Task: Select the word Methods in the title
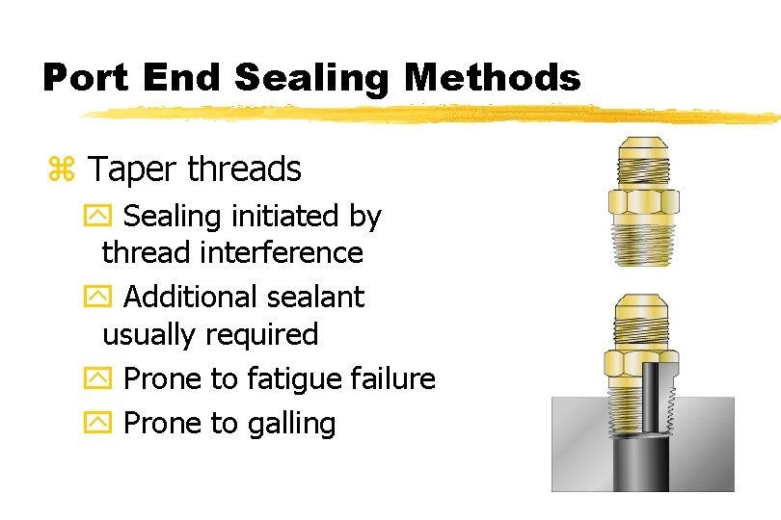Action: pos(494,77)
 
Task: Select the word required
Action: pos(258,334)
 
